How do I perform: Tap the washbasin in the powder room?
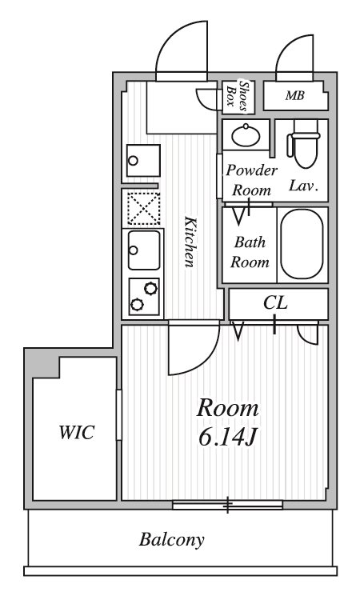pos(246,135)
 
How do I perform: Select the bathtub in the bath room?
pos(302,244)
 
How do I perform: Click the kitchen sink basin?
pos(144,250)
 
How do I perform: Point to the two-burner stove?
pos(144,297)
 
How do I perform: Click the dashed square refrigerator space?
pos(143,208)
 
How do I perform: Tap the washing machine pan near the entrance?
pos(143,160)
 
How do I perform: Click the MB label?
pos(295,95)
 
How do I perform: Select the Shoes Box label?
pos(238,97)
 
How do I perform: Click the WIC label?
pos(77,433)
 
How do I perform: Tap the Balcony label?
pos(171,540)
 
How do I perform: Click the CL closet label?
pos(276,303)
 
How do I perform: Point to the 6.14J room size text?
pos(228,438)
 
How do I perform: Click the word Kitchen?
pos(190,242)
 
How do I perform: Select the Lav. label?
pos(303,186)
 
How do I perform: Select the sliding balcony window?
pos(227,505)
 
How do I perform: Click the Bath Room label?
pos(250,252)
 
